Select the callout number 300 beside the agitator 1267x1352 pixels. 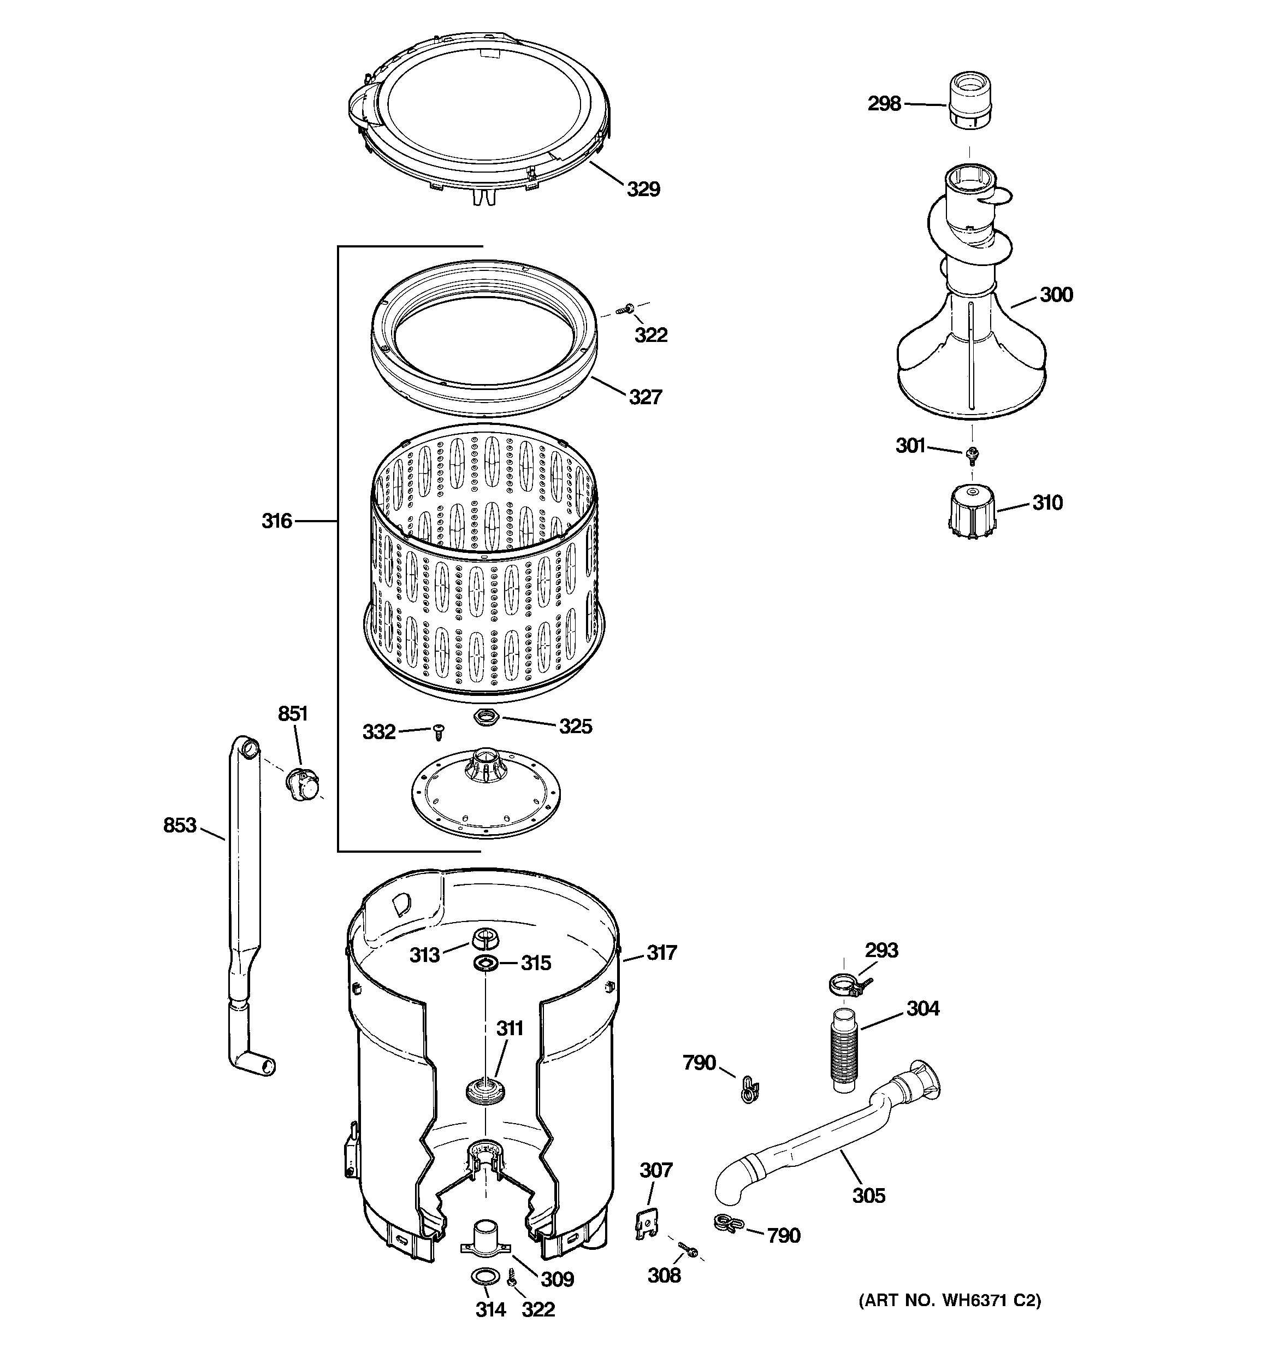pyautogui.click(x=1056, y=294)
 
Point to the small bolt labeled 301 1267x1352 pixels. pyautogui.click(x=973, y=452)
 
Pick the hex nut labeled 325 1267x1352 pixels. pyautogui.click(x=486, y=716)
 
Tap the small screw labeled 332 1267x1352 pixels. pyautogui.click(x=439, y=733)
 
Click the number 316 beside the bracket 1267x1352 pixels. pyautogui.click(x=277, y=521)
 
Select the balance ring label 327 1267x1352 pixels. pyautogui.click(x=645, y=397)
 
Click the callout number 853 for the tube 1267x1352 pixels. pyautogui.click(x=180, y=825)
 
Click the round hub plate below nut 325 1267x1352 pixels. pyautogui.click(x=486, y=794)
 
